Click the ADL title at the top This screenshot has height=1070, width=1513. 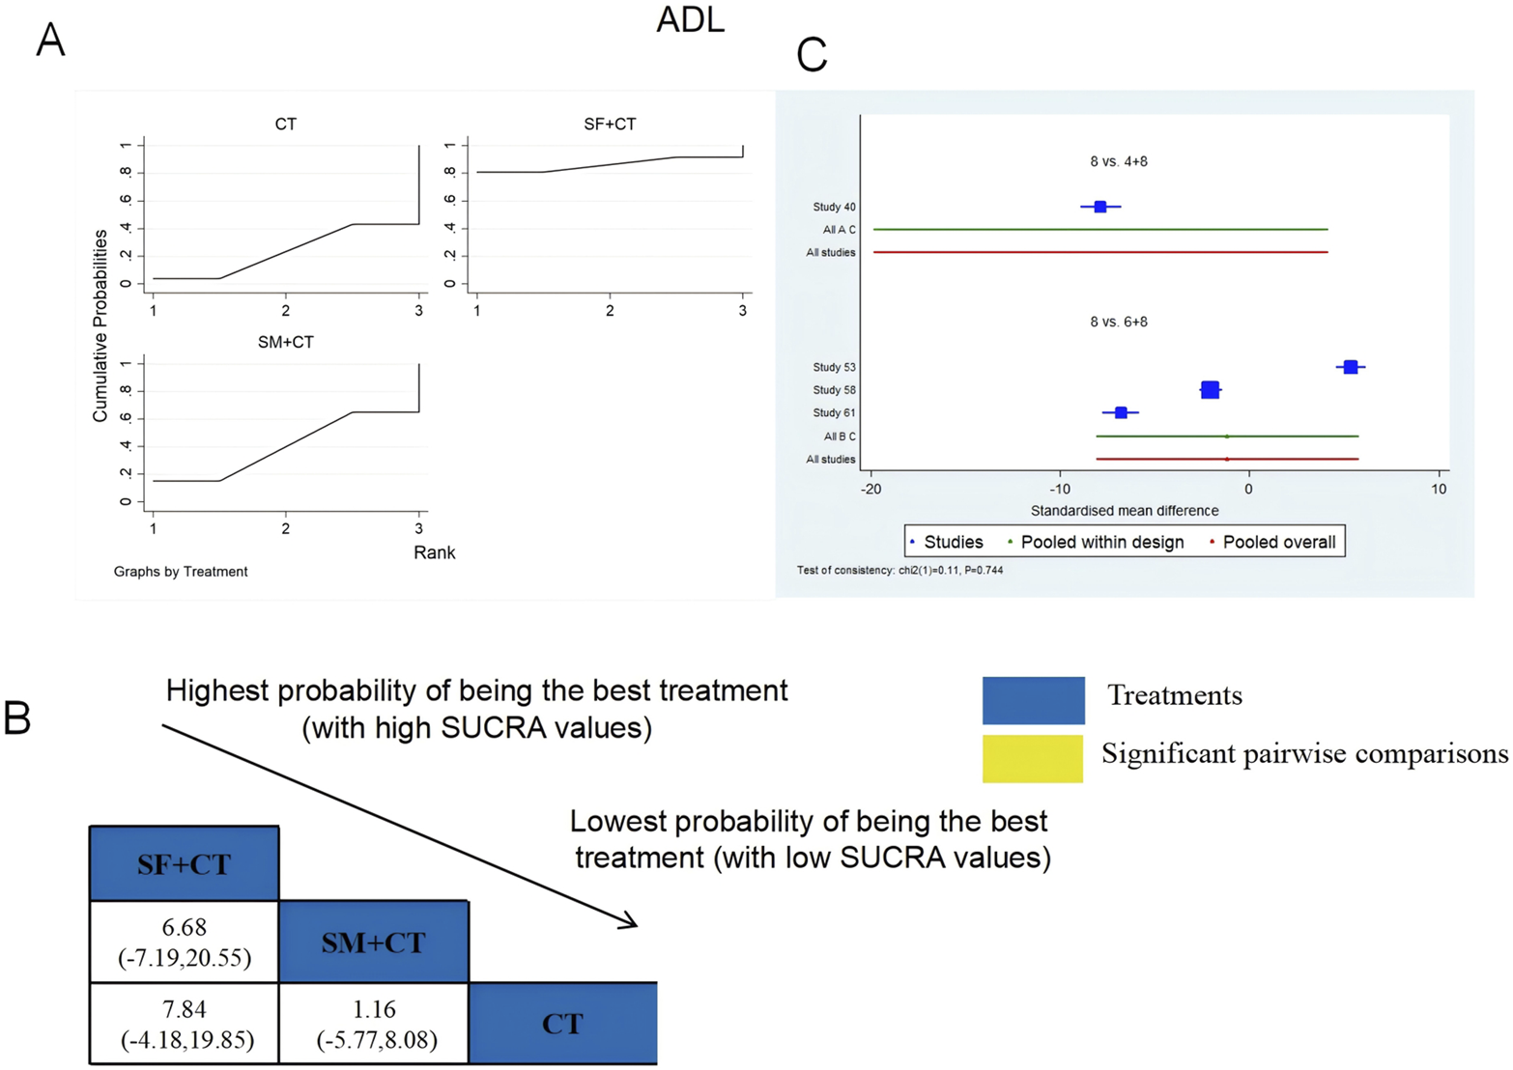tap(690, 20)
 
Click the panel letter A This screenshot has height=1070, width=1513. tap(50, 41)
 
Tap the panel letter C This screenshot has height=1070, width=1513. tap(812, 55)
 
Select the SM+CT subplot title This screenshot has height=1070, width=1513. tap(285, 342)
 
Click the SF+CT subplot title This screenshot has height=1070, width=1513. tap(610, 124)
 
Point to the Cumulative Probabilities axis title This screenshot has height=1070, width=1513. tap(100, 325)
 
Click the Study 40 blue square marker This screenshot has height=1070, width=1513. tap(1099, 207)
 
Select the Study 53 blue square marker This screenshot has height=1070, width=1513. tap(1351, 367)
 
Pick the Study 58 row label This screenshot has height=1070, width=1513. tap(834, 390)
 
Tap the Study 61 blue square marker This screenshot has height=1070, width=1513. tap(1121, 412)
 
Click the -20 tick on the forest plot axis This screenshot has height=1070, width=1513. tap(871, 490)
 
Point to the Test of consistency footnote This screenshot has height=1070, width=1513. tap(899, 571)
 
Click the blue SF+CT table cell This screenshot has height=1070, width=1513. tap(184, 863)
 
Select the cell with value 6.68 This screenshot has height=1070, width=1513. tap(184, 942)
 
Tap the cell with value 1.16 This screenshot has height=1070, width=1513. tap(374, 1024)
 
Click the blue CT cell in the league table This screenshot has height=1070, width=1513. tap(562, 1024)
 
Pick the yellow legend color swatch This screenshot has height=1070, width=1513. tap(1032, 758)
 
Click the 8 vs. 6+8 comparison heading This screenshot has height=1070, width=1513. tap(1119, 322)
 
